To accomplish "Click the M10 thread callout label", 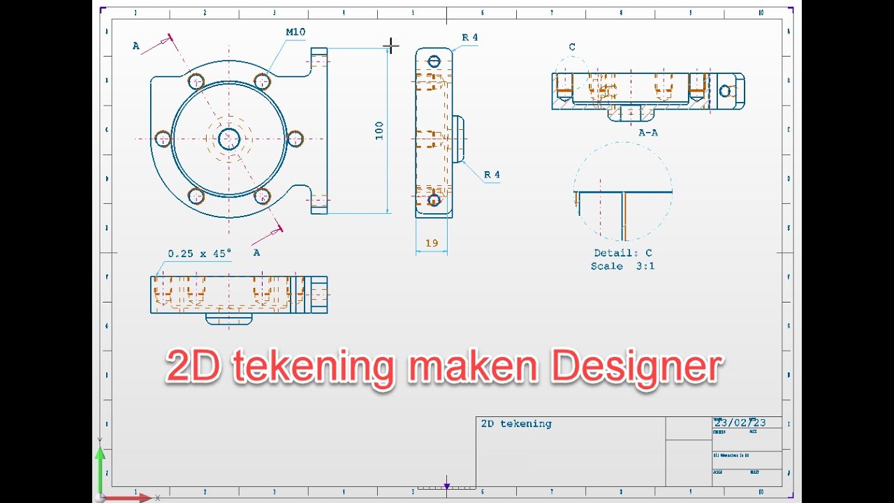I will (x=295, y=32).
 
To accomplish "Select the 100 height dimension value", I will (x=379, y=131).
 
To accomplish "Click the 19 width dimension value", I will (x=432, y=243).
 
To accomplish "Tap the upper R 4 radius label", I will (x=470, y=38).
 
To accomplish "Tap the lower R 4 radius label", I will (x=492, y=175).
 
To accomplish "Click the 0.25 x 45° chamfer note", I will (x=199, y=254).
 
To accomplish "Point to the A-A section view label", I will (x=648, y=132).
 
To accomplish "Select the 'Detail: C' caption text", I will (x=623, y=253).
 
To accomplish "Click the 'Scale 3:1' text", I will (x=623, y=266).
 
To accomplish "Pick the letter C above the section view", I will (x=572, y=48).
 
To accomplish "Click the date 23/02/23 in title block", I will (x=740, y=423).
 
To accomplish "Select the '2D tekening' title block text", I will (x=516, y=423).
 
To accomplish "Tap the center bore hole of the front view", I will (x=229, y=139).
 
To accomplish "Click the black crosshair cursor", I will (x=391, y=46).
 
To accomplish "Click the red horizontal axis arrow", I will (x=133, y=497).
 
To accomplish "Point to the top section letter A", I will (x=136, y=46).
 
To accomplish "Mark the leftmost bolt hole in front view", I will (x=163, y=139).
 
